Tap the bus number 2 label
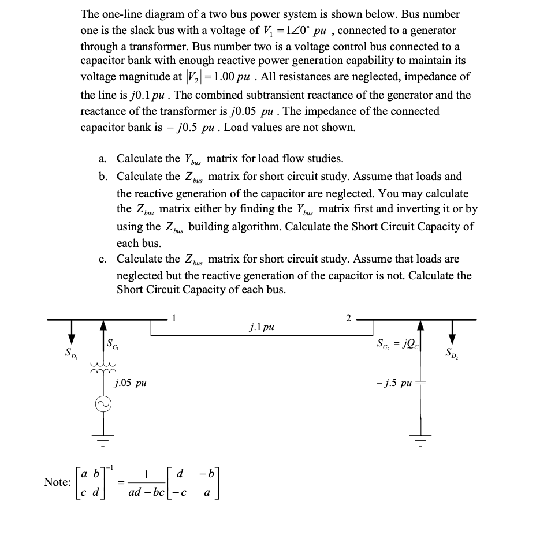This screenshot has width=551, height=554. pos(348,317)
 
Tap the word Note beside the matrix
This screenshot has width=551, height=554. pos(58,482)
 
